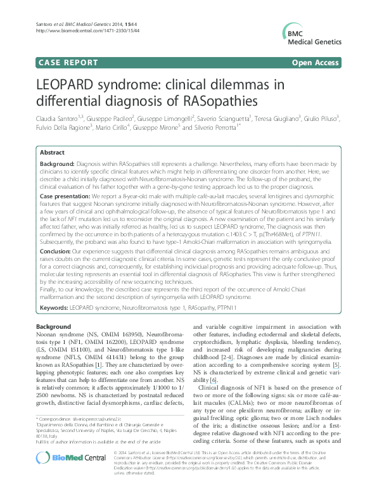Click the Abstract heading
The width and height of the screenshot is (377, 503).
click(x=52, y=153)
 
